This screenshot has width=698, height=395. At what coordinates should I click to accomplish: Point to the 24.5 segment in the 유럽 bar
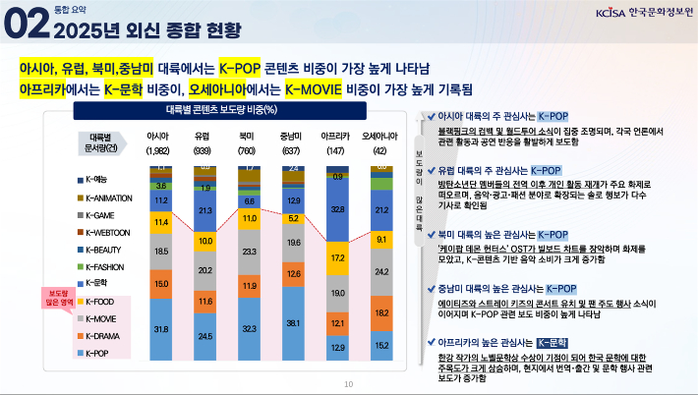click(x=205, y=335)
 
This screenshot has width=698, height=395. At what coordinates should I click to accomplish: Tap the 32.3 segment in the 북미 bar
click(x=250, y=328)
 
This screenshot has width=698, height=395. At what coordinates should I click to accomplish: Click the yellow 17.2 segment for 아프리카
click(x=337, y=256)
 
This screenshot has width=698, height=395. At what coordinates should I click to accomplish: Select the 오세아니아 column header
click(x=380, y=135)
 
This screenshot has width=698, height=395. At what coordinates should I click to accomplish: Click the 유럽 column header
click(x=203, y=135)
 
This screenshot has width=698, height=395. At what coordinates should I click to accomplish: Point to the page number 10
click(x=348, y=384)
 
